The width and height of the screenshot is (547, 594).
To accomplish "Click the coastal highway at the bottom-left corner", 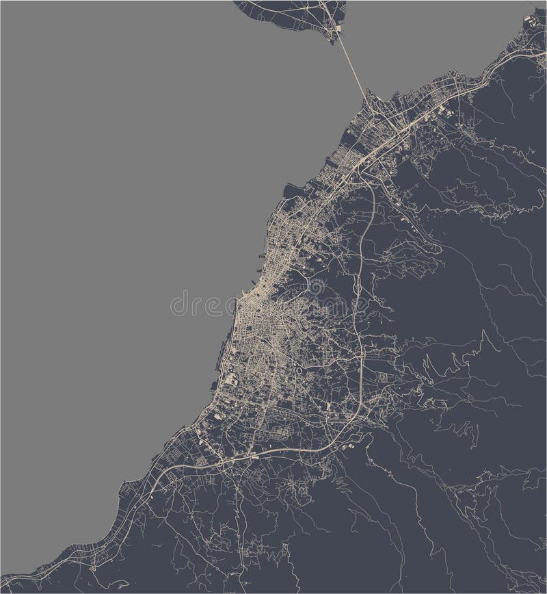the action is (x=41, y=568).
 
